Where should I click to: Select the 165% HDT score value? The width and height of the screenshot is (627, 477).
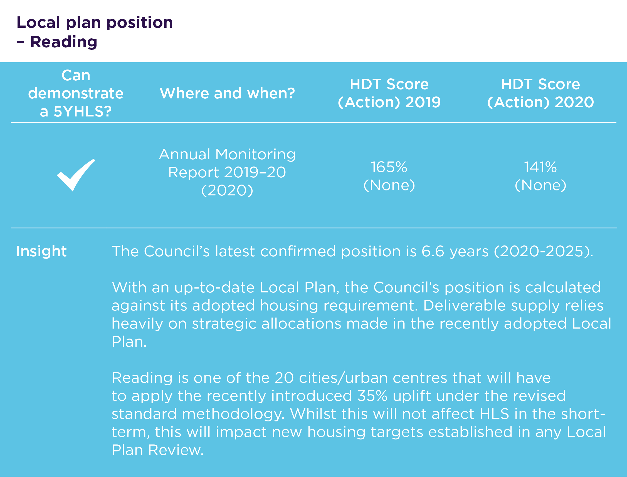389,167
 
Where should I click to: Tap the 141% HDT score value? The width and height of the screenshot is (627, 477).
540,167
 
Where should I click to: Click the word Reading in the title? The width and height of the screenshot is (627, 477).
64,42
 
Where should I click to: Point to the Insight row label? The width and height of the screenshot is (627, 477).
41,251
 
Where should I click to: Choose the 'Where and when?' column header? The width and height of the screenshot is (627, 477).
227,93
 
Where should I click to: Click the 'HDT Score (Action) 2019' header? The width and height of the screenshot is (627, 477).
389,93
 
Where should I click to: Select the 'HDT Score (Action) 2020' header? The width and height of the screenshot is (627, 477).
541,93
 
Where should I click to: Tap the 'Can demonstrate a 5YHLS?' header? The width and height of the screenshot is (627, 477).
76,93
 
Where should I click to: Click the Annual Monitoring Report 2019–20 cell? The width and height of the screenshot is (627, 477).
227,172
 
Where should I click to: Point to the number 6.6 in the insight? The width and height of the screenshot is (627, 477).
433,251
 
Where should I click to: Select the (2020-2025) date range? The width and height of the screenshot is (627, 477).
544,252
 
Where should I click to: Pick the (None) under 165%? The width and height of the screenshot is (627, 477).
389,185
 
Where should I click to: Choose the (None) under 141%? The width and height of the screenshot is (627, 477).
541,185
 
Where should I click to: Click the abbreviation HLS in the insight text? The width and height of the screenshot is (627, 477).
494,414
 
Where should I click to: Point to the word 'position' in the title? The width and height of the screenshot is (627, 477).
139,23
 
